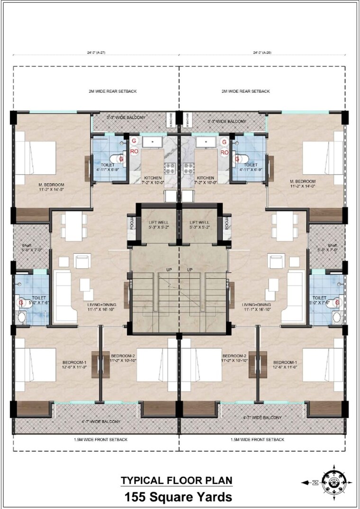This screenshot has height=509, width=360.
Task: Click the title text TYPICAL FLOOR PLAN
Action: [176, 480]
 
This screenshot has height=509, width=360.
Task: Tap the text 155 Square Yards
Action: [178, 497]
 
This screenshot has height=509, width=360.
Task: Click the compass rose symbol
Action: [334, 482]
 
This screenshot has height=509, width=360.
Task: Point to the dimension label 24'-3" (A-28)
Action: [264, 53]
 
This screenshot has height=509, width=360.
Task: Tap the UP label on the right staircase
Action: [190, 269]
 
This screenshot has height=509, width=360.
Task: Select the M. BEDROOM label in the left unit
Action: [51, 184]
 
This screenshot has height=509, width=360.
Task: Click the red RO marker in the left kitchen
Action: [134, 152]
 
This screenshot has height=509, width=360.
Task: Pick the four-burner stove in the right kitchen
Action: [189, 167]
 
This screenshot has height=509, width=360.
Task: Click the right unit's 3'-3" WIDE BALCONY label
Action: [227, 122]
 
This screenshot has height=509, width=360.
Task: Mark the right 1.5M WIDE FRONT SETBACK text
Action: [257, 439]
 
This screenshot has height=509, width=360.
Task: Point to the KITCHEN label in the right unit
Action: [206, 178]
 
